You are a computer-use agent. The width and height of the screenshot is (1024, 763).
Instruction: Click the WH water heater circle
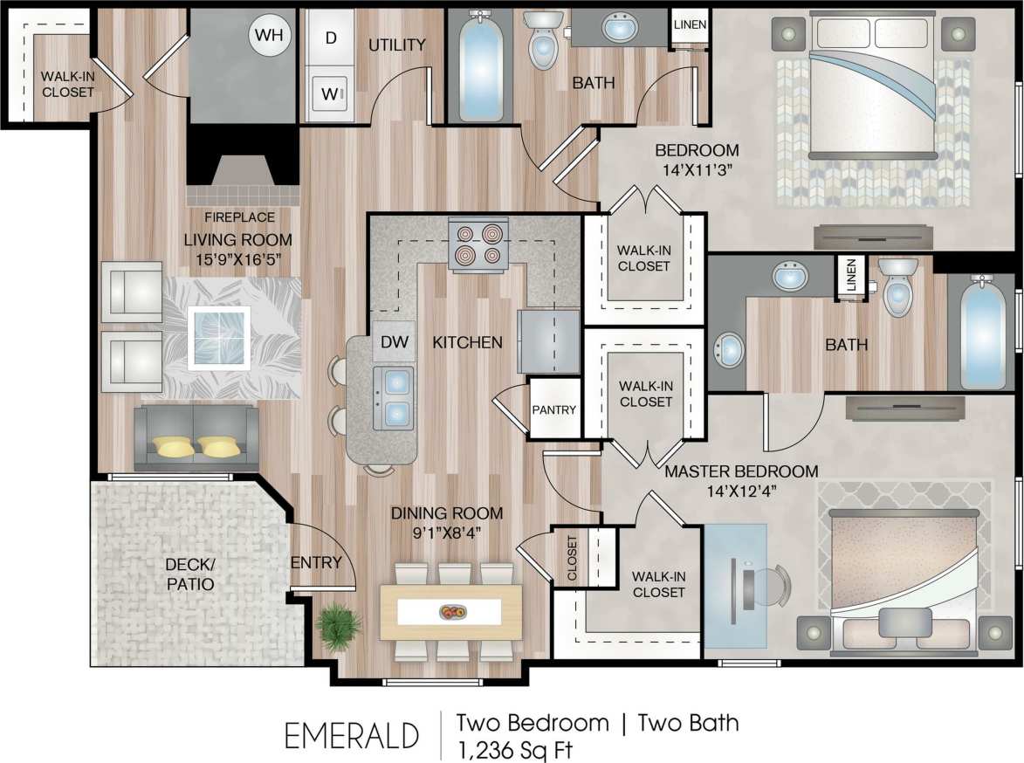[271, 36]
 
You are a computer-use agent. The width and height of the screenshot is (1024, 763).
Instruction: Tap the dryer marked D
[331, 38]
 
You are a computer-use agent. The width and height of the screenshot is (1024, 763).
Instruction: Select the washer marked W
[331, 92]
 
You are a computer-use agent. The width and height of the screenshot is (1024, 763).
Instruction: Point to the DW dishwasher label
[395, 342]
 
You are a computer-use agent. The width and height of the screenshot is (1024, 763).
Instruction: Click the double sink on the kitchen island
[395, 398]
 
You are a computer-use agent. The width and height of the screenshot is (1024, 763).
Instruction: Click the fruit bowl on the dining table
[451, 612]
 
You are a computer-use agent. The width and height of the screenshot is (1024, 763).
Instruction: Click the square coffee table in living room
[220, 338]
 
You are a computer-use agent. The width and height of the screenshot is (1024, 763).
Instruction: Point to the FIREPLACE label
[240, 217]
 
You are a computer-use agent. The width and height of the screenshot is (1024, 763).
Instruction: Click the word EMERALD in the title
[352, 735]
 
